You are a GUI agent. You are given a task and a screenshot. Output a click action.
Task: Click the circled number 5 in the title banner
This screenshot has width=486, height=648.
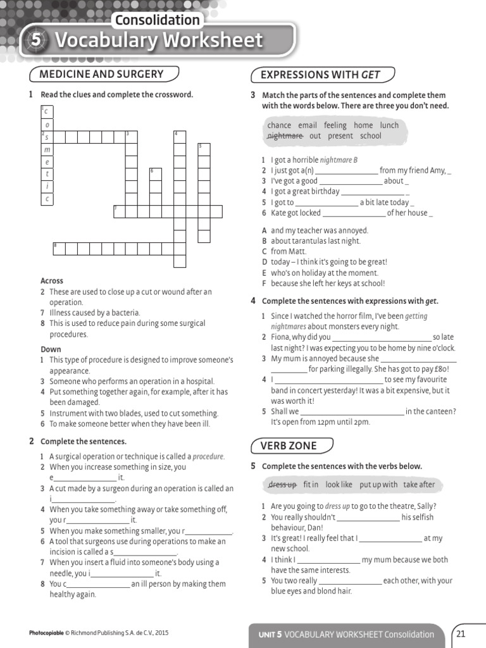[x=36, y=40]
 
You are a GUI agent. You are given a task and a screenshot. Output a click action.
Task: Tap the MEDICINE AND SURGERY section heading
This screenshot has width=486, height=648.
[x=101, y=74]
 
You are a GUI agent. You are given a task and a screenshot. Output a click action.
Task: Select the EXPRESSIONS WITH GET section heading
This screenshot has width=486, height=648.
[x=321, y=75]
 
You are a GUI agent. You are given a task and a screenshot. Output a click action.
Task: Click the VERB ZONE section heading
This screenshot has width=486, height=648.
[x=289, y=446]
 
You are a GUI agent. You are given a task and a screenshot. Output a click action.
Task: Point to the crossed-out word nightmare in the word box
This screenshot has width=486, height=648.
[x=285, y=135]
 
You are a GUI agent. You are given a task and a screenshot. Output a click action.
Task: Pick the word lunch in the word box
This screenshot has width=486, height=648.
[x=389, y=125]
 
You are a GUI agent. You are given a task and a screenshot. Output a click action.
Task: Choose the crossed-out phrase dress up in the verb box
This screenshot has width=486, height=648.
[x=282, y=485]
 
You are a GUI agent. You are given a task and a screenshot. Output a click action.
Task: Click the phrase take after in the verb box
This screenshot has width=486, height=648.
[x=419, y=485]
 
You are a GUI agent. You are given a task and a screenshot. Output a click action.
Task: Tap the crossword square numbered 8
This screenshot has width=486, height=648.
[x=58, y=247]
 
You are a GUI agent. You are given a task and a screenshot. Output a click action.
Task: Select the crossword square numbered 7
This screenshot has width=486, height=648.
[x=119, y=211]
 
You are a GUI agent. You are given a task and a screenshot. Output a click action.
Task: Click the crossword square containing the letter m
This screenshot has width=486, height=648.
[x=47, y=149]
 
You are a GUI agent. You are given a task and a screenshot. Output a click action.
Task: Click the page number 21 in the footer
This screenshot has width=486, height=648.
[x=461, y=633]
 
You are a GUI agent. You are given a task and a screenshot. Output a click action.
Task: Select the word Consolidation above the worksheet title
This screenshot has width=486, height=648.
[x=158, y=20]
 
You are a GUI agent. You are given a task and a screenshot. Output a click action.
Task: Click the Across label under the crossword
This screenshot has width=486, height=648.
[x=52, y=281]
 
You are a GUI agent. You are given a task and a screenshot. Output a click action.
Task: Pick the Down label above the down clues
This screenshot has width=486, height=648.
[x=51, y=349]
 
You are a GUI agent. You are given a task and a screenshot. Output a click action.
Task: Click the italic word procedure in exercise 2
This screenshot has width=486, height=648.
[x=208, y=456]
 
